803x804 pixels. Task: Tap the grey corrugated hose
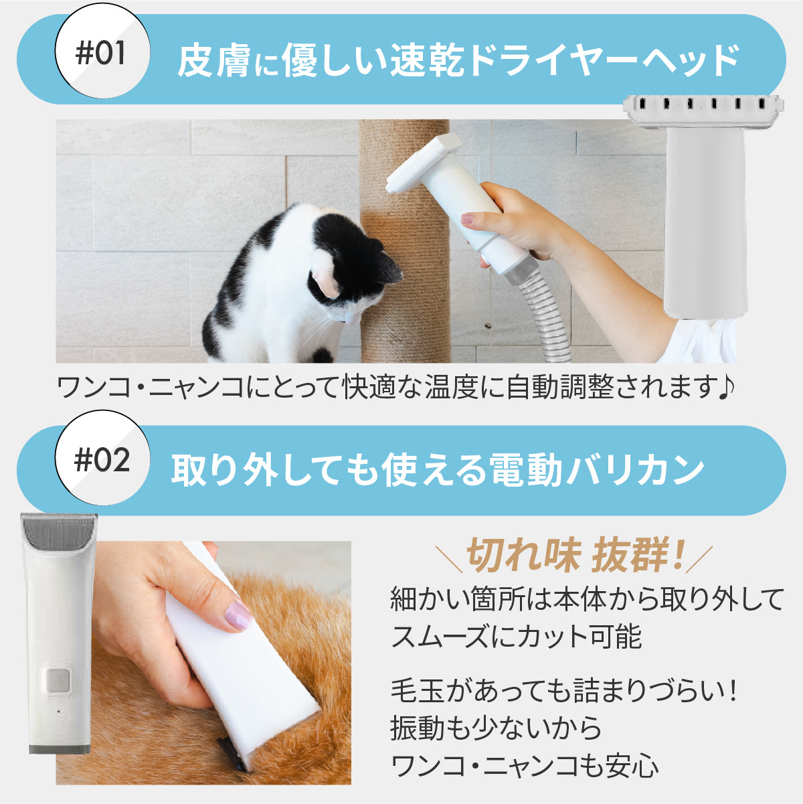pyautogui.click(x=545, y=315)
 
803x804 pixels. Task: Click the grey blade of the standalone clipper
pyautogui.click(x=59, y=529)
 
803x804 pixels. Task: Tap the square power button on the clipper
pyautogui.click(x=58, y=681)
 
